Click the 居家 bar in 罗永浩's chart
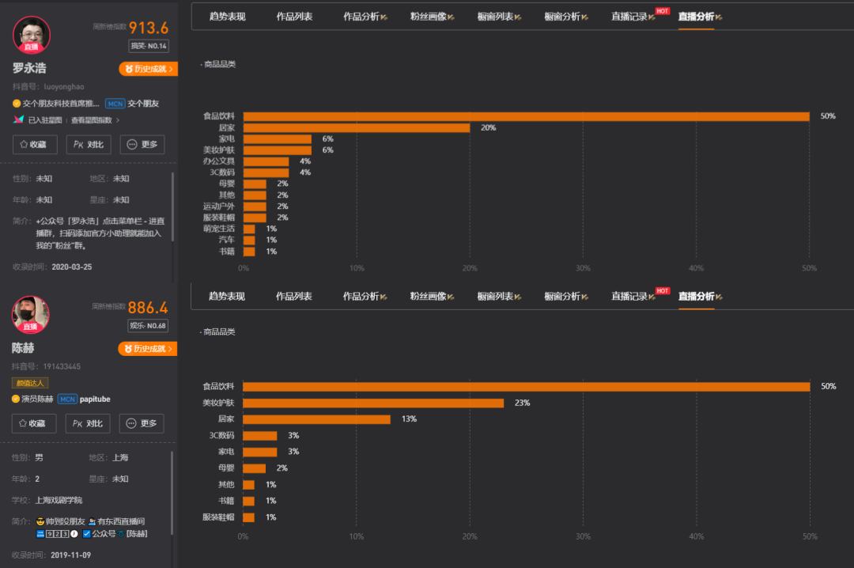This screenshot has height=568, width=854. pyautogui.click(x=356, y=127)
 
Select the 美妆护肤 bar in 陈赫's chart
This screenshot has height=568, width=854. pyautogui.click(x=372, y=403)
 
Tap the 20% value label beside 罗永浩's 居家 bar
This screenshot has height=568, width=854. pyautogui.click(x=488, y=127)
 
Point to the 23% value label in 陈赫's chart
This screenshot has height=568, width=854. pyautogui.click(x=522, y=403)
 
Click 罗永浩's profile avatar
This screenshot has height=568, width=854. pyautogui.click(x=32, y=35)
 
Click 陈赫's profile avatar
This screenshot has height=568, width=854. pyautogui.click(x=31, y=314)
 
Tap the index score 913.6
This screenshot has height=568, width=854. pyautogui.click(x=149, y=28)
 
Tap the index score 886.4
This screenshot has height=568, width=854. pyautogui.click(x=148, y=308)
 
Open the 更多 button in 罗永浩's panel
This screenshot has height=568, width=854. pyautogui.click(x=142, y=145)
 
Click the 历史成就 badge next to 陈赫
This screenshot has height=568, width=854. pyautogui.click(x=148, y=349)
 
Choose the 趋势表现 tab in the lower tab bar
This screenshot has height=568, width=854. pyautogui.click(x=227, y=297)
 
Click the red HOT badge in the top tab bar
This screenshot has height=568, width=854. pyautogui.click(x=663, y=11)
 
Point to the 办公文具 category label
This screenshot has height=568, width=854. pyautogui.click(x=218, y=161)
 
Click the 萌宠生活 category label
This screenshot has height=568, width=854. pyautogui.click(x=218, y=229)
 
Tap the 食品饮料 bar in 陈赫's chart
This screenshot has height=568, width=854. pyautogui.click(x=526, y=386)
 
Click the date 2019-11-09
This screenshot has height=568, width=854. pyautogui.click(x=71, y=555)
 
